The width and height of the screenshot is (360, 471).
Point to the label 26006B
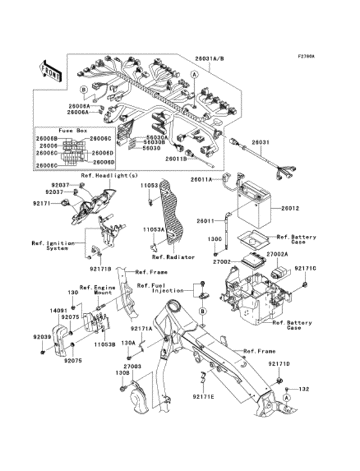click(x=47, y=138)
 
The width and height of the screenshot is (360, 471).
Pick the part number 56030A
click(x=156, y=137)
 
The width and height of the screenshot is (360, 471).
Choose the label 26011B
click(x=176, y=159)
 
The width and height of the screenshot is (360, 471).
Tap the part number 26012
click(x=290, y=209)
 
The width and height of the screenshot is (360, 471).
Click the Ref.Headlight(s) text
click(x=109, y=175)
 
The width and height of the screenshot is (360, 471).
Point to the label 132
click(x=304, y=389)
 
